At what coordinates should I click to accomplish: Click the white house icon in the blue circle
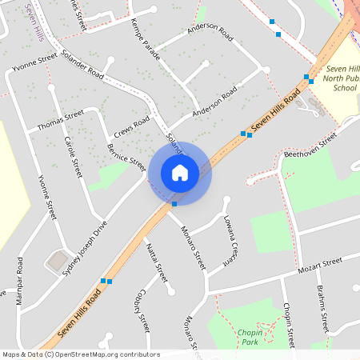coord(180,172)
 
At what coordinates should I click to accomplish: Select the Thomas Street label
coord(60,122)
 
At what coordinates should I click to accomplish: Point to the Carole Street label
coord(73,156)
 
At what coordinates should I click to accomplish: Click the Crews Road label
coord(132,125)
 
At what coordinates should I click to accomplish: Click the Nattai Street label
coord(155,261)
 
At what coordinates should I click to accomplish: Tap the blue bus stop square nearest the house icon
coord(174,204)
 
